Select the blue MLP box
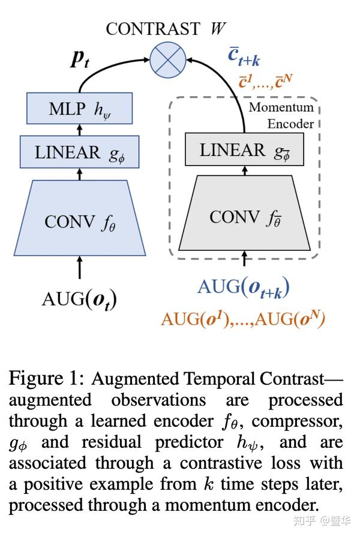[79, 108]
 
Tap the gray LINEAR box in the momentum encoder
[244, 149]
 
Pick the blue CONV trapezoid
[79, 220]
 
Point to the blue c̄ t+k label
[244, 58]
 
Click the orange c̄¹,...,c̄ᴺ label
[265, 80]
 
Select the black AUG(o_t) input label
[79, 298]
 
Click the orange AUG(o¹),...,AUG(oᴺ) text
[242, 318]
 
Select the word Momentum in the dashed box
[281, 107]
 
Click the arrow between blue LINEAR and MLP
[79, 130]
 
